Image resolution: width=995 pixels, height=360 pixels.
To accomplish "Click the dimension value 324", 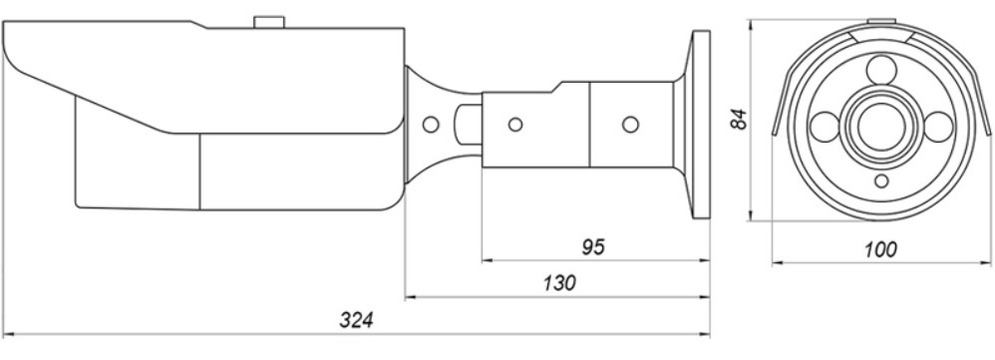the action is pos(356,320).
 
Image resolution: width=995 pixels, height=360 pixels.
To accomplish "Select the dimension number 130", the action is pos(559,283).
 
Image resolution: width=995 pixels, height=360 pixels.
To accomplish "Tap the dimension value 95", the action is pos(593,247).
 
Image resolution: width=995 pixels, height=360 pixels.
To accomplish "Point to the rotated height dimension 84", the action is pos(739,119).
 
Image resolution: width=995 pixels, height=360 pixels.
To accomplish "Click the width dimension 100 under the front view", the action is pos(880,250).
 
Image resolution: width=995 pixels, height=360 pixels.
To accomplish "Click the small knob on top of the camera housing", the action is pos(269,22).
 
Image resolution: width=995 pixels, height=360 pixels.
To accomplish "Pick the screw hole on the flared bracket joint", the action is pos(431,125).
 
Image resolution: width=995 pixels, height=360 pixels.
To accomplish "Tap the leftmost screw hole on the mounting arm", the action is pos(515,125).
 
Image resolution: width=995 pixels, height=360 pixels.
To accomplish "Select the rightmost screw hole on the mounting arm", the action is pos(630,125).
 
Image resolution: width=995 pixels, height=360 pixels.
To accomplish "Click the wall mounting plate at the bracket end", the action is pos(701,125).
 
